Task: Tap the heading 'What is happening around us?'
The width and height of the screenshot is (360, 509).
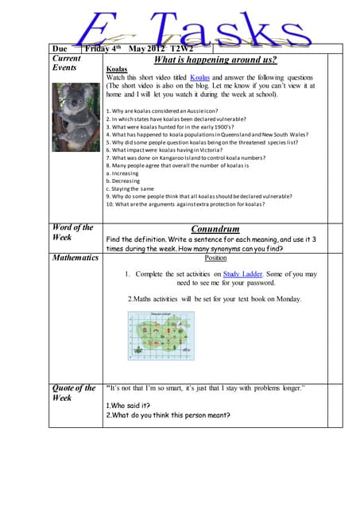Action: pos(215,59)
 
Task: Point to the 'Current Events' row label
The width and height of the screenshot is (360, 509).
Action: pos(68,64)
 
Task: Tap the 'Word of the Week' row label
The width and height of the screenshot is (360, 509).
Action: pos(72,233)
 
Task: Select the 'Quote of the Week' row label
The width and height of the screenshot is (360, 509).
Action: pos(74,393)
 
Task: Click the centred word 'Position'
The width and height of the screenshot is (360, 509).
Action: pos(215,258)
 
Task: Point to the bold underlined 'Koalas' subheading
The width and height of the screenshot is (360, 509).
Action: pos(118,69)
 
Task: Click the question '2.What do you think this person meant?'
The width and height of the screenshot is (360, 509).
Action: pos(168,414)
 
